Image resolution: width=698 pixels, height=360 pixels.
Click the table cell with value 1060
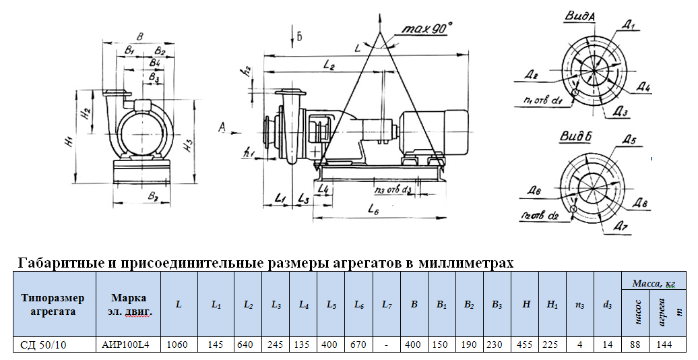click(178, 344)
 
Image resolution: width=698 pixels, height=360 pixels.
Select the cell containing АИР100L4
click(125, 344)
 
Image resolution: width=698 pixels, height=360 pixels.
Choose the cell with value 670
click(359, 344)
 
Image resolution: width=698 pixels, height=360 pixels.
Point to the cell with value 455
click(526, 344)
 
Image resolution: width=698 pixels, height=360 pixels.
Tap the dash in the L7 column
click(386, 344)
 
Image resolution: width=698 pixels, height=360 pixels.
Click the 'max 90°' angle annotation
click(426, 29)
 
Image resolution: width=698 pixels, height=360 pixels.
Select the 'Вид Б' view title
click(576, 137)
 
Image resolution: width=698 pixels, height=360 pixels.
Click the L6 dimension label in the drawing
click(375, 210)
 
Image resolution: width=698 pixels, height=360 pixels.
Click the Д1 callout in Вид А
click(631, 25)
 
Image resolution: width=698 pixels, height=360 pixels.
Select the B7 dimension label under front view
click(153, 197)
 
